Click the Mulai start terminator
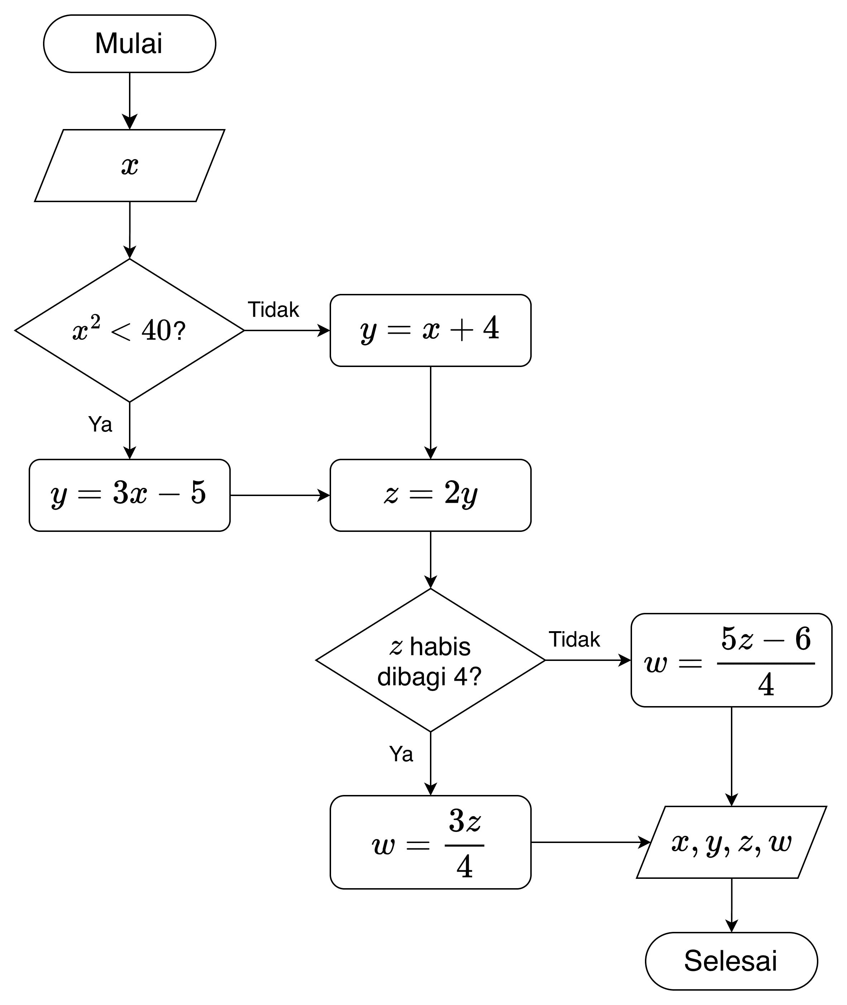tap(130, 44)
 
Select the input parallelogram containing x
tap(130, 166)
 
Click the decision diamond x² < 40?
tap(130, 330)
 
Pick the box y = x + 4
tap(430, 330)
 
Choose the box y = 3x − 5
tap(130, 495)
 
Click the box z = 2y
tap(430, 495)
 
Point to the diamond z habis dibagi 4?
tap(430, 660)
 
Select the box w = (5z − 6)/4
tap(731, 660)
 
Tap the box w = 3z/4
tap(430, 842)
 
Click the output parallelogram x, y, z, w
tap(731, 842)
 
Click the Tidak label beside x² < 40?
tap(273, 310)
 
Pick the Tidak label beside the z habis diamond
tap(574, 639)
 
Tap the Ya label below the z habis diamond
tap(401, 754)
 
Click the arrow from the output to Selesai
tap(731, 905)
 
